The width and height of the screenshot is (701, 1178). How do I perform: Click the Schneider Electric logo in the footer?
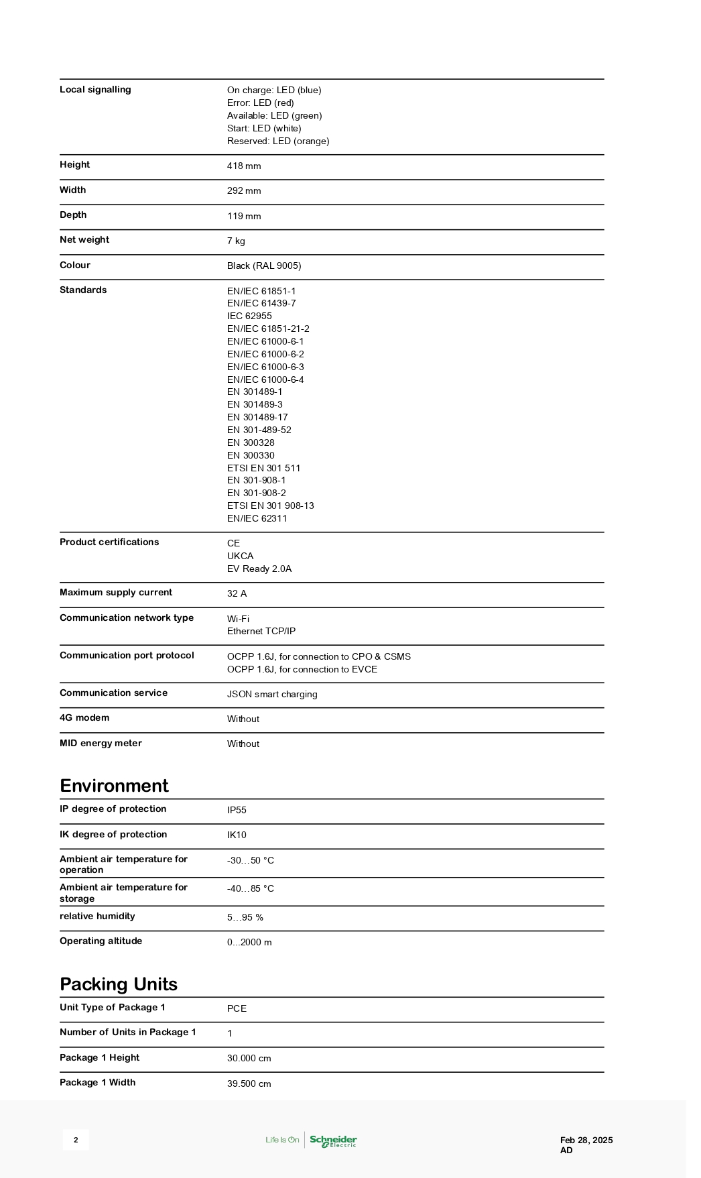point(333,1140)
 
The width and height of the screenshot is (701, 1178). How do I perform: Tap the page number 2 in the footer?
point(76,1140)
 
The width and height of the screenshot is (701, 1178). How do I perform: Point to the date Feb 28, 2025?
point(586,1140)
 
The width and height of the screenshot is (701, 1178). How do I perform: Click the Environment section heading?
point(114,785)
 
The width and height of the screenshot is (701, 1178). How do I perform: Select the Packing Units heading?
point(119,984)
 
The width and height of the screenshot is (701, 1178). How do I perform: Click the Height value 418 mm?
point(244,166)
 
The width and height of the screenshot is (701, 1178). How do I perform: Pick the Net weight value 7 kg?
point(236,241)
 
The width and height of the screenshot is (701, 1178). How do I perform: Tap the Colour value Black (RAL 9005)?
point(264,266)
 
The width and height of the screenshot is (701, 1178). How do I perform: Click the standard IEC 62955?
point(249,316)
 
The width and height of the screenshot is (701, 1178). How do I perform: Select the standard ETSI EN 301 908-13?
point(270,506)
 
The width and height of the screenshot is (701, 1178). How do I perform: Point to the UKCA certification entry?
point(240,556)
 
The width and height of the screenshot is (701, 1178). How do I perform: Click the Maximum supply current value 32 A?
point(237,593)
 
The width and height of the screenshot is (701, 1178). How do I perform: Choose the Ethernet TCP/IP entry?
point(261,631)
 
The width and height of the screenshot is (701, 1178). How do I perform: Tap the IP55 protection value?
point(237,810)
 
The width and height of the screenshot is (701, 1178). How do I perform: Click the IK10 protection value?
point(237,835)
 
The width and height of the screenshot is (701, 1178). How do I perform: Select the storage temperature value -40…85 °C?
point(250,888)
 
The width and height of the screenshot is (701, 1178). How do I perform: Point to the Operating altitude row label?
point(101,941)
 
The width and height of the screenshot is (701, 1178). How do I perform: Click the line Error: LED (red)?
point(260,103)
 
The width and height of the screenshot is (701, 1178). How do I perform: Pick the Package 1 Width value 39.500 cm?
point(249,1083)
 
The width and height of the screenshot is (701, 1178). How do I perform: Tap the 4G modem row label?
point(84,717)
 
